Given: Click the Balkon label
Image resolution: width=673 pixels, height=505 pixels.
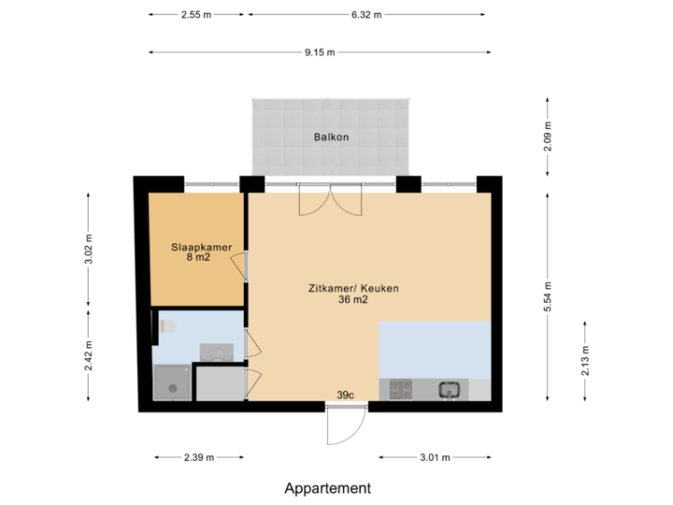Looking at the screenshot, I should pos(331,137).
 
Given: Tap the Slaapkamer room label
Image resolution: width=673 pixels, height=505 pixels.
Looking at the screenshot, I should pos(201,247).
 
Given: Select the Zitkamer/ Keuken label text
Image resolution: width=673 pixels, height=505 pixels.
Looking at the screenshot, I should pos(353,289).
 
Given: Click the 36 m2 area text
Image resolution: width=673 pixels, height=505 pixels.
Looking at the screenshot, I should pos(352,300).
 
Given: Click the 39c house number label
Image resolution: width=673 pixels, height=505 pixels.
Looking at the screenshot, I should pos(346,396).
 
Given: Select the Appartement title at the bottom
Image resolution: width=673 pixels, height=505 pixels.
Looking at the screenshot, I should pos(328,488).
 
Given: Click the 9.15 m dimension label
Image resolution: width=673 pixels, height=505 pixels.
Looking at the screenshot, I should pos(319,52).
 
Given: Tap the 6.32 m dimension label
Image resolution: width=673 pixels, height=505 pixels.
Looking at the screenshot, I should pos(366,15).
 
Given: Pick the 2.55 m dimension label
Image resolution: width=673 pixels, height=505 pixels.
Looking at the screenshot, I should pos(196,15).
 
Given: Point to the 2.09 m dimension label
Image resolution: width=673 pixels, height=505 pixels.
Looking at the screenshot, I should pos(548,137).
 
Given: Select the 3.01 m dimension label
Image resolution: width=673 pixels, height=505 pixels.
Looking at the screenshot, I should pos(435,457).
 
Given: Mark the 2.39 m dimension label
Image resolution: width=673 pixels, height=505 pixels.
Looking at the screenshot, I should pos(198,457).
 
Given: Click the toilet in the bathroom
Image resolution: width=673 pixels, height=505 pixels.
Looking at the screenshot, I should pos(166,326).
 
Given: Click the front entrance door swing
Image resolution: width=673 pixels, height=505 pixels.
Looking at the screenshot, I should pos(343,429).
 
